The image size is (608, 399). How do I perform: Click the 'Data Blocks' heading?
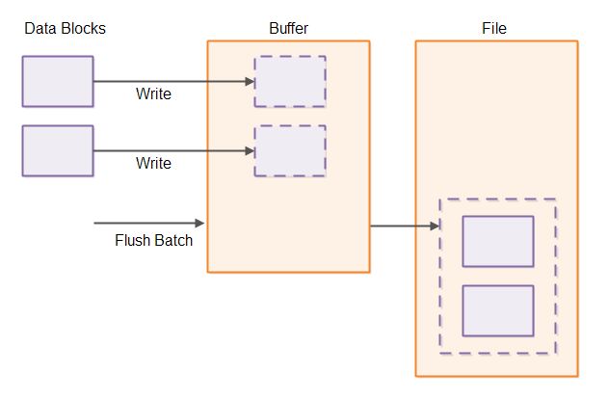click(x=65, y=29)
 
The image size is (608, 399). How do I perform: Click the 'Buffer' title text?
click(x=288, y=29)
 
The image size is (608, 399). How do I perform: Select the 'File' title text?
click(x=494, y=29)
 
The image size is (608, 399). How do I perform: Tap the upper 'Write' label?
click(x=153, y=94)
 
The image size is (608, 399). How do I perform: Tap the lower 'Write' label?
click(x=153, y=164)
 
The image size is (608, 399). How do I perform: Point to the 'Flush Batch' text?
click(x=153, y=240)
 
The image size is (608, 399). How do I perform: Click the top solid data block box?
click(x=58, y=81)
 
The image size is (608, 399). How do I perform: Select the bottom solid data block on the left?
click(x=58, y=150)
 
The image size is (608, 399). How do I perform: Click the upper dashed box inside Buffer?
click(x=290, y=81)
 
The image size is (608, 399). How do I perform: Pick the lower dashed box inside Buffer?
click(x=290, y=150)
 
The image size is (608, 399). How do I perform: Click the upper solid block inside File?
click(x=498, y=241)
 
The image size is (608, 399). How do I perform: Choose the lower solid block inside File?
click(x=498, y=310)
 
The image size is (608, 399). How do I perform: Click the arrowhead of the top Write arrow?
click(x=249, y=81)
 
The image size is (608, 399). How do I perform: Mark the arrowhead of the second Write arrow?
click(x=249, y=150)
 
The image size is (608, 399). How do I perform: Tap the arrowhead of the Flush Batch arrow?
click(x=201, y=223)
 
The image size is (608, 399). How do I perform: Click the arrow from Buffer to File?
click(x=405, y=226)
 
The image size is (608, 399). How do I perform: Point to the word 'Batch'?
click(x=173, y=240)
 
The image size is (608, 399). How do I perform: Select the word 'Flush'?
click(x=132, y=240)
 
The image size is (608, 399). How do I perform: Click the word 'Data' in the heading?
click(x=40, y=29)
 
